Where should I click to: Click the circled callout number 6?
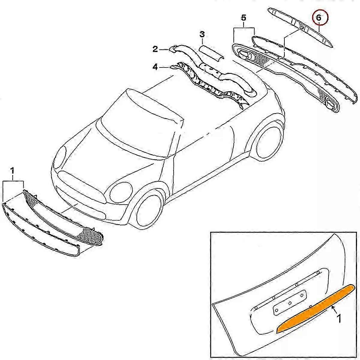319,18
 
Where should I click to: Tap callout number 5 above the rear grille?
243,18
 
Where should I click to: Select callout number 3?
202,34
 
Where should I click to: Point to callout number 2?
155,49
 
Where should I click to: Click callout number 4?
155,67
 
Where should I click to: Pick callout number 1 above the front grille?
12,171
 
